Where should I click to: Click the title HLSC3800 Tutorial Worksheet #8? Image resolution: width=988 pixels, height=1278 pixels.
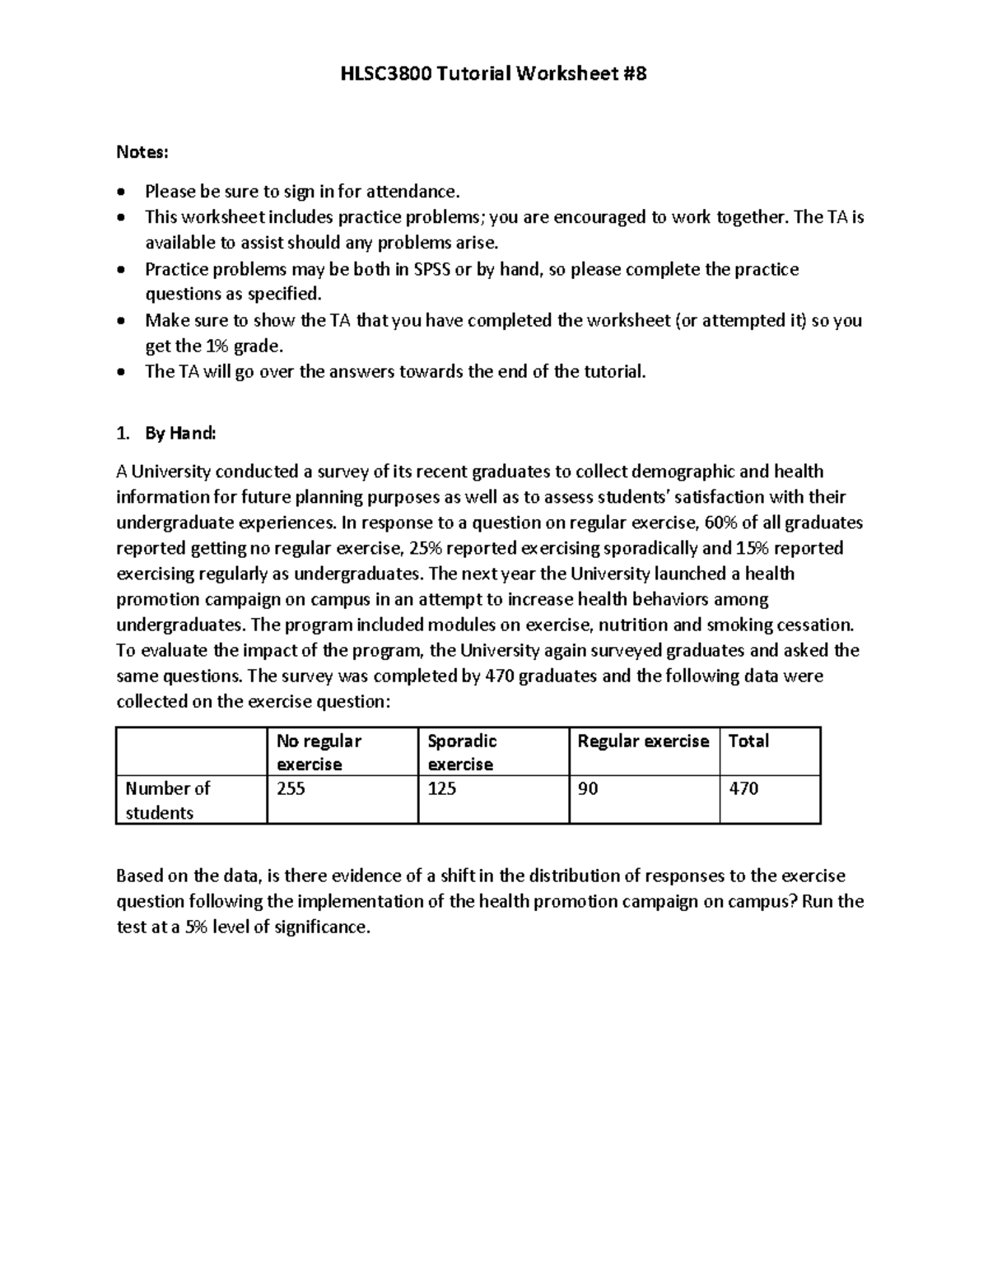click(494, 74)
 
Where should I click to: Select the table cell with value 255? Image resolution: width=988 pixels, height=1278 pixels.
click(291, 788)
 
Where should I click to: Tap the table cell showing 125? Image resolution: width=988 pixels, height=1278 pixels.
click(441, 788)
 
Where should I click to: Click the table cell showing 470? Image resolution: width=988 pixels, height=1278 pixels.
click(743, 788)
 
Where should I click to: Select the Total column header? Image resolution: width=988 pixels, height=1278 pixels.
click(748, 741)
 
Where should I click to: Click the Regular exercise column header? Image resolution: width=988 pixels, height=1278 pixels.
click(643, 741)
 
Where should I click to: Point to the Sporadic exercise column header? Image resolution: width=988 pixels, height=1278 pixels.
click(462, 752)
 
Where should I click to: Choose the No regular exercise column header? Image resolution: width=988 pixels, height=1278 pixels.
click(319, 752)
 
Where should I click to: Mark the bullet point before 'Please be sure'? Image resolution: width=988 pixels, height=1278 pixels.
click(122, 193)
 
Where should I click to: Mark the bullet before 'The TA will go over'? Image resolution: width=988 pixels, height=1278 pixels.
click(122, 372)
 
